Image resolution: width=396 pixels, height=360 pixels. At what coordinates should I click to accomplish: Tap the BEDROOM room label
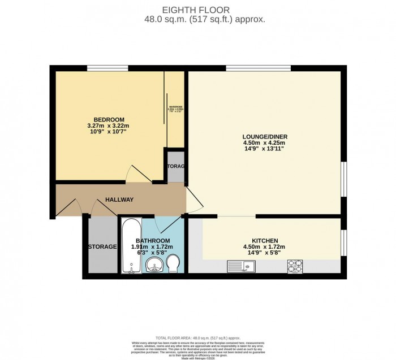pos(109,119)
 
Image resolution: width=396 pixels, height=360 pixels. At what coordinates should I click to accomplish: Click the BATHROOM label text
pos(152,240)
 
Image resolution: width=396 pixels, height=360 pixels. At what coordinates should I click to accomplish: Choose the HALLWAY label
pos(119,199)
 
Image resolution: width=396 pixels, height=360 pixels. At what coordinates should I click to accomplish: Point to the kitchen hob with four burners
pos(295,264)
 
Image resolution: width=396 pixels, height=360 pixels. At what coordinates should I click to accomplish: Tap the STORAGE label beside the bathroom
pos(102,247)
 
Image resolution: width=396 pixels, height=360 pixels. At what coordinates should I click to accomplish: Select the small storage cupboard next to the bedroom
pos(175,167)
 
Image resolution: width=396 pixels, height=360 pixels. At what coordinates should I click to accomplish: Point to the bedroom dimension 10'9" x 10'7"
pos(109,132)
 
